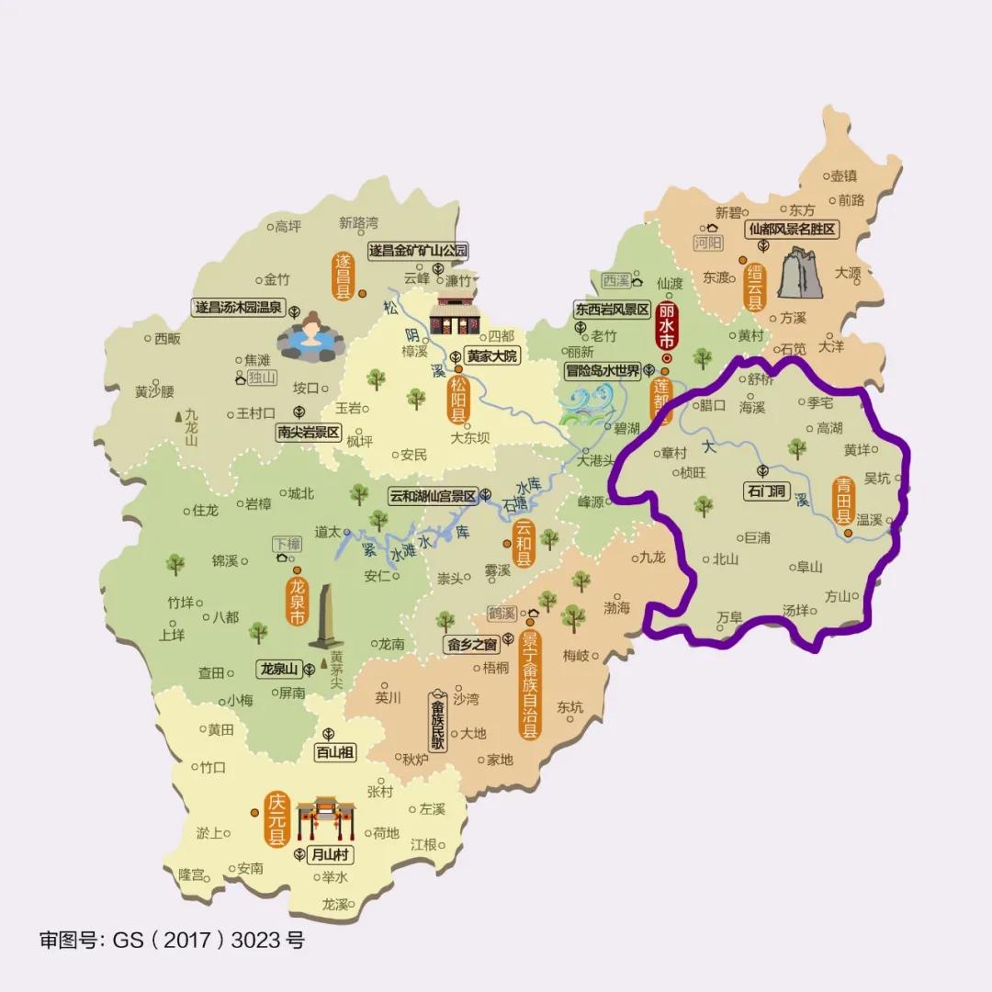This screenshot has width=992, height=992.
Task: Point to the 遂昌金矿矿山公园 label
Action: (x=418, y=250)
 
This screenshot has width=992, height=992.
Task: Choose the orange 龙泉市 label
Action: (x=298, y=603)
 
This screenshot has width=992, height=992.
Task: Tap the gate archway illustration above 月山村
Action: (x=325, y=817)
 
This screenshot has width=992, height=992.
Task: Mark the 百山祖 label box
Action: (x=334, y=752)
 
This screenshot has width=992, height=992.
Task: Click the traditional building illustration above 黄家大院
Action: (x=457, y=316)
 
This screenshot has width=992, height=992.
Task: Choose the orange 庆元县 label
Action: (x=276, y=819)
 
